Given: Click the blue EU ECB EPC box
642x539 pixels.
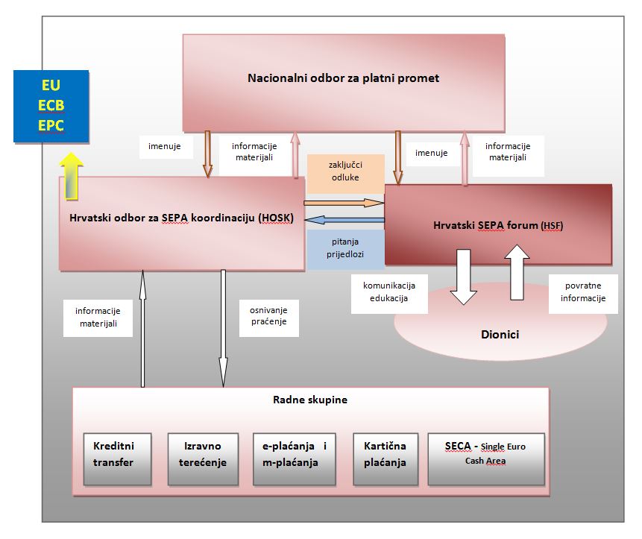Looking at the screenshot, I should point(51,106).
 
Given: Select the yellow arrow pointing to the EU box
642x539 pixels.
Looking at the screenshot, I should point(72,175).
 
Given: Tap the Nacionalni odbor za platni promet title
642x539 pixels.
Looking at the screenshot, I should point(343,78).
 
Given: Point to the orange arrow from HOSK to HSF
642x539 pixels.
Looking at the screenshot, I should point(344,202).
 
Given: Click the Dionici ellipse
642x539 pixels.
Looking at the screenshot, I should point(499,335).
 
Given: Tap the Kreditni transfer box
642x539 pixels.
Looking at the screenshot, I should point(118,453).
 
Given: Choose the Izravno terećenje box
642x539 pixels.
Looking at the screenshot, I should point(202,453).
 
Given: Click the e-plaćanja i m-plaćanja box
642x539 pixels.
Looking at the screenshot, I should point(295,453).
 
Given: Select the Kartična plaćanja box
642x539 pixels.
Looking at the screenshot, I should point(385,453).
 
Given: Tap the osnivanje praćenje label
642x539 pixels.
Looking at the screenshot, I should point(259,316).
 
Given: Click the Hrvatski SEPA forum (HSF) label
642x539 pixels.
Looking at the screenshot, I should point(497,224).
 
